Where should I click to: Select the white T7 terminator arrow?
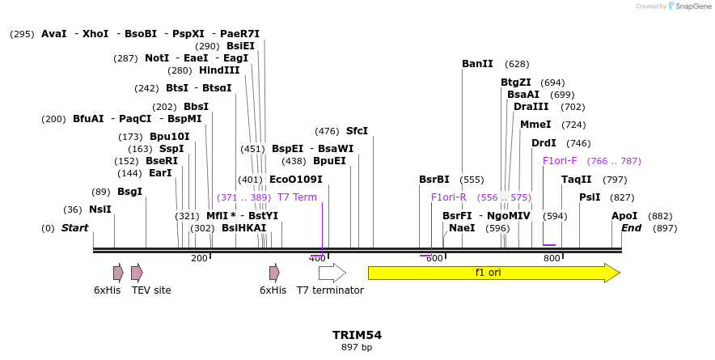tap(332, 273)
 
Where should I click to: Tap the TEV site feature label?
tap(151, 290)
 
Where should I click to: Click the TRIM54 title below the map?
tap(357, 335)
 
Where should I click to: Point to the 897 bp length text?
tap(357, 348)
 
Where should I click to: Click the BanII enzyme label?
tap(477, 64)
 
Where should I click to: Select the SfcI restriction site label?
tap(357, 131)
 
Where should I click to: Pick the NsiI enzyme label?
tap(100, 210)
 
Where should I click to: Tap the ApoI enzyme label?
tap(624, 216)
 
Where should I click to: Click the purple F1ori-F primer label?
tap(560, 161)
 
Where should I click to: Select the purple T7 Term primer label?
tap(297, 197)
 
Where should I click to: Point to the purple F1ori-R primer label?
tap(449, 197)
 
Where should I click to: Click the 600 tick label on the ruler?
tap(434, 259)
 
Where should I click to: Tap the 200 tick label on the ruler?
tap(199, 259)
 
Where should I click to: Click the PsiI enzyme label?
tap(590, 197)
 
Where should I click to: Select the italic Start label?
tap(75, 228)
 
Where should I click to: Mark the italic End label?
tap(631, 228)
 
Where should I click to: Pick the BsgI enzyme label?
tap(129, 192)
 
